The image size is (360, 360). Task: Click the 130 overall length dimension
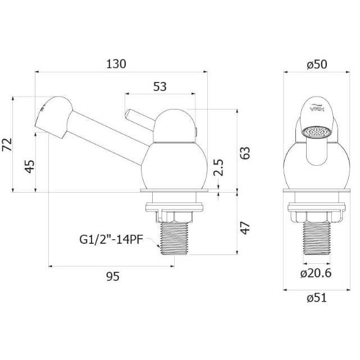[x=116, y=64]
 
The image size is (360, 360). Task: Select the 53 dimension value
[x=160, y=87]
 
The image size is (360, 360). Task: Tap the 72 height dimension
[x=7, y=145]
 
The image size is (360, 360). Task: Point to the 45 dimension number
[x=30, y=166]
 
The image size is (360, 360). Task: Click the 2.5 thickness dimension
[x=218, y=167]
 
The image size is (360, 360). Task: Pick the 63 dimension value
[x=245, y=153]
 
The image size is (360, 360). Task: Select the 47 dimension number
[x=245, y=228]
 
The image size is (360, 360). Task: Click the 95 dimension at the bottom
[x=113, y=276]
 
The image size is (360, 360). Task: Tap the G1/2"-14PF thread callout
[x=111, y=240]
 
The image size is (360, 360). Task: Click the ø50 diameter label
[x=317, y=65]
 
